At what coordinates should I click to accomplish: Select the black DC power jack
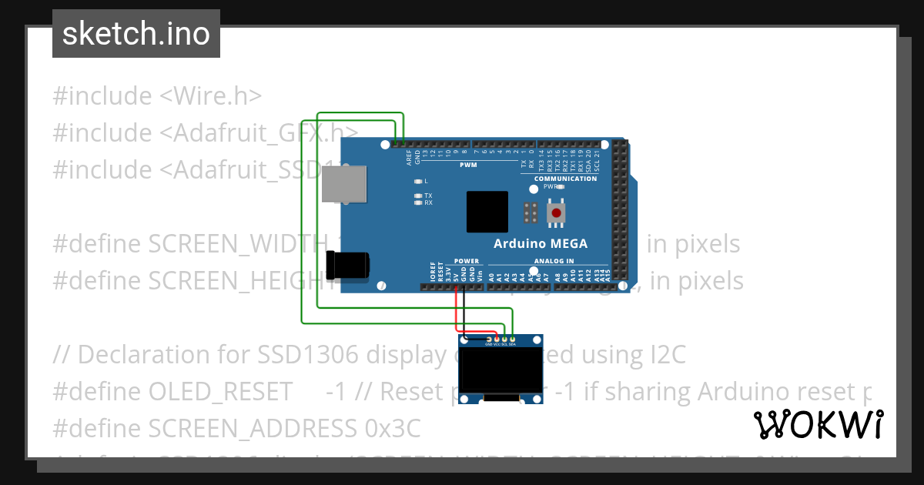tap(347, 266)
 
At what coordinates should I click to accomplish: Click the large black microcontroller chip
tap(487, 212)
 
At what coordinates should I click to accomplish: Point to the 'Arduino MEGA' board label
tap(541, 244)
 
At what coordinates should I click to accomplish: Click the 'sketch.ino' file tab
tap(136, 34)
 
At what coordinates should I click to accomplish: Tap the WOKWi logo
tap(819, 424)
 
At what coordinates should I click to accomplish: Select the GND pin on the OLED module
tap(488, 339)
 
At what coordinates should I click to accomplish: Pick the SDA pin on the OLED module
tap(512, 339)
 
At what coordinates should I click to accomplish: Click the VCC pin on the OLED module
tap(497, 339)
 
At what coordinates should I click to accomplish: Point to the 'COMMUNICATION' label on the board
tap(566, 179)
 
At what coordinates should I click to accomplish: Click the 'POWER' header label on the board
tap(467, 261)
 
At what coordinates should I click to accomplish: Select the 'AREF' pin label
tap(409, 158)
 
